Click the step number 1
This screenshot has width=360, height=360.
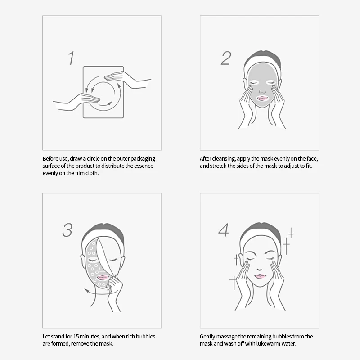pos(71,58)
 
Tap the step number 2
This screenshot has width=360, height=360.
pos(225,58)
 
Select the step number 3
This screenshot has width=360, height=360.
pos(67,229)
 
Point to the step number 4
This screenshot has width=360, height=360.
pos(224,229)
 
